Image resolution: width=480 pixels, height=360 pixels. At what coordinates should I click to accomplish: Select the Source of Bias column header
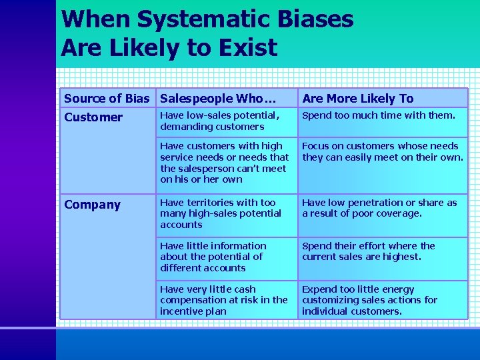tap(107, 99)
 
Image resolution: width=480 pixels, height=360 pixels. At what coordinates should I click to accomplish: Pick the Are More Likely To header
tap(358, 99)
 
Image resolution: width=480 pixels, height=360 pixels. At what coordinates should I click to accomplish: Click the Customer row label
tap(93, 117)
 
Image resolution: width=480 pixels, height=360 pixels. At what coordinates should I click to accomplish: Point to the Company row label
tap(92, 205)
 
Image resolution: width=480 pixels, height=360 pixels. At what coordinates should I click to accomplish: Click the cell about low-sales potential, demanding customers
tap(220, 121)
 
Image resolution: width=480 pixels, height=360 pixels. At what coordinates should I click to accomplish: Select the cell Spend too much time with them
tap(379, 115)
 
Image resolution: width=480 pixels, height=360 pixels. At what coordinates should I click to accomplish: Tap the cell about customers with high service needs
tap(224, 162)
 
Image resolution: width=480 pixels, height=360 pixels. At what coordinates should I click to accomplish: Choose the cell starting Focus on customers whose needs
tap(381, 151)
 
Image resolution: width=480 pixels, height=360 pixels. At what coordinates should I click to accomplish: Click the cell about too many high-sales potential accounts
tap(221, 213)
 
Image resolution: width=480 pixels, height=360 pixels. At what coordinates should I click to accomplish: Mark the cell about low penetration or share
tap(379, 208)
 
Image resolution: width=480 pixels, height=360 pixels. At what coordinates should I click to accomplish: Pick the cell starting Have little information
tap(213, 257)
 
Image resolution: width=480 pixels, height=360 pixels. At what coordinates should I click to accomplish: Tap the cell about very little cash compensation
tap(223, 300)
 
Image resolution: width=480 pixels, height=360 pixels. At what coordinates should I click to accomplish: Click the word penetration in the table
tap(381, 203)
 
